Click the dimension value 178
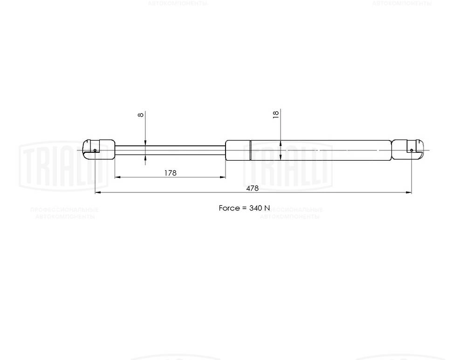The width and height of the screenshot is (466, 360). tap(170, 173)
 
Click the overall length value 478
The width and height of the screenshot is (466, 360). tap(252, 188)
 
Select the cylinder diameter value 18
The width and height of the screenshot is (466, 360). tap(276, 114)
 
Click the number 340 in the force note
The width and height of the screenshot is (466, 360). tap(256, 208)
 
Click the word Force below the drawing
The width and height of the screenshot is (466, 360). tap(229, 208)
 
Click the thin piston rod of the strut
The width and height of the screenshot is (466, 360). tap(170, 149)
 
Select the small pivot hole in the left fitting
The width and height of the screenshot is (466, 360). tap(95, 150)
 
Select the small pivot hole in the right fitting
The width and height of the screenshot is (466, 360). tap(411, 150)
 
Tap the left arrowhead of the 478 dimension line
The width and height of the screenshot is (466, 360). tap(97, 192)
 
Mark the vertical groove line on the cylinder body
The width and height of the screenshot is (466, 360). tap(250, 150)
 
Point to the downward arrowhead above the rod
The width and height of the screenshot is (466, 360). tap(145, 143)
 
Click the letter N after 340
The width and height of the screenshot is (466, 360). tap(267, 208)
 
